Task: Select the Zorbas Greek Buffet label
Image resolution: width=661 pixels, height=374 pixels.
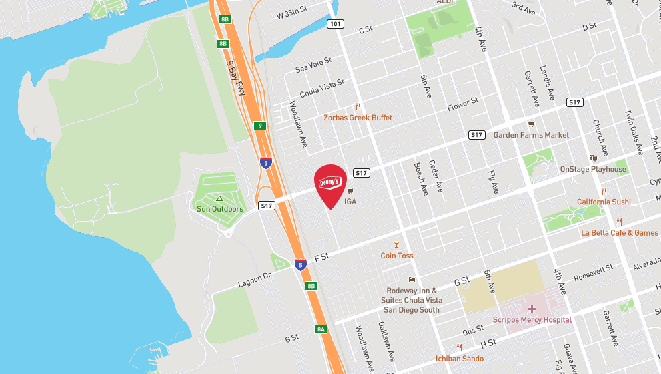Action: (358, 118)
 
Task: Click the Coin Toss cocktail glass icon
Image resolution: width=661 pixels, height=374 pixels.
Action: (396, 244)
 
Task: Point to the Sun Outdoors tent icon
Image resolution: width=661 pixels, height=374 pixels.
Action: (219, 198)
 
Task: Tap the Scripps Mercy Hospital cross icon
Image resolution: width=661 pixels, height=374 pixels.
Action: (532, 309)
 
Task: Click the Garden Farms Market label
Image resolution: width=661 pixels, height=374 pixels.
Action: (531, 135)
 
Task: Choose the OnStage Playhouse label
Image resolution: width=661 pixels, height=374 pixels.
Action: (593, 169)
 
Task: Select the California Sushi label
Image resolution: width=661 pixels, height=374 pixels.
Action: (604, 202)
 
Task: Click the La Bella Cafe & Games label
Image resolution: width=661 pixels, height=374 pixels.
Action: (620, 233)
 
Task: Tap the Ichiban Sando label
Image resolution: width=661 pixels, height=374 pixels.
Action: (460, 359)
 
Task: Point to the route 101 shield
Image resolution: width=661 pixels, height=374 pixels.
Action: (336, 24)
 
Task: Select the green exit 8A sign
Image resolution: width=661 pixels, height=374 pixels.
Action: (321, 329)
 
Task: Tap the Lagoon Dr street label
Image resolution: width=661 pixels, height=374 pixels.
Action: (255, 279)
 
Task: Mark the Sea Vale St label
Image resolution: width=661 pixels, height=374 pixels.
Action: (313, 64)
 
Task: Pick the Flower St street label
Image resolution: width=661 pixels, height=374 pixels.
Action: (463, 104)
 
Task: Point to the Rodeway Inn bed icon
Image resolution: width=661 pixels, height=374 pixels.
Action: (412, 280)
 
